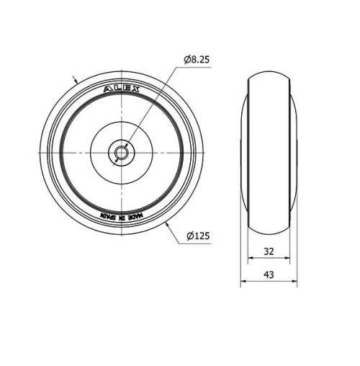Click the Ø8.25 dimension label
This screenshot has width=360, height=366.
click(197, 61)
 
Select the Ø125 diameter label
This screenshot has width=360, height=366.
click(197, 236)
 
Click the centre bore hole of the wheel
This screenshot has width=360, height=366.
click(120, 152)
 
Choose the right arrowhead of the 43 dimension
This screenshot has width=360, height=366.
click(294, 282)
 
